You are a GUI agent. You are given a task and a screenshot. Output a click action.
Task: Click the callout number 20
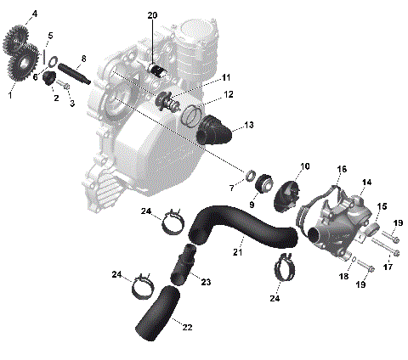click(152, 16)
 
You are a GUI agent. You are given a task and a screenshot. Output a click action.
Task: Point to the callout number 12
click(229, 94)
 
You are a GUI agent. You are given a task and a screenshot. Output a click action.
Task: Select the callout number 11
click(226, 77)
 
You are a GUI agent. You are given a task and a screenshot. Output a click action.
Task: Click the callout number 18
click(344, 277)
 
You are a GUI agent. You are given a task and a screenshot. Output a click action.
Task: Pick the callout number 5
click(50, 36)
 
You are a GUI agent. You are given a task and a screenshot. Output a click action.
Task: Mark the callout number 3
click(72, 104)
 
